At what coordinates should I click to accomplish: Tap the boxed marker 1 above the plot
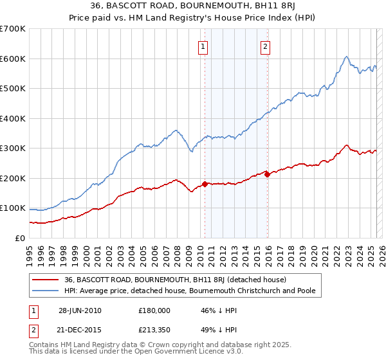coord(203,46)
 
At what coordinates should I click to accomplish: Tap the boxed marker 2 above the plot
coord(265,46)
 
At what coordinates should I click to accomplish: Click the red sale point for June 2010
coord(205,184)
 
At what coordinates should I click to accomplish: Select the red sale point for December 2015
coord(267,174)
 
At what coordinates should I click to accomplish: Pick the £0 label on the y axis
coord(21,238)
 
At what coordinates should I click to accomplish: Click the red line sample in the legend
coord(46,280)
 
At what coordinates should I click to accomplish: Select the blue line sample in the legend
coord(46,291)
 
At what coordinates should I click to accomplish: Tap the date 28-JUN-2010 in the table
coord(80,310)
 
